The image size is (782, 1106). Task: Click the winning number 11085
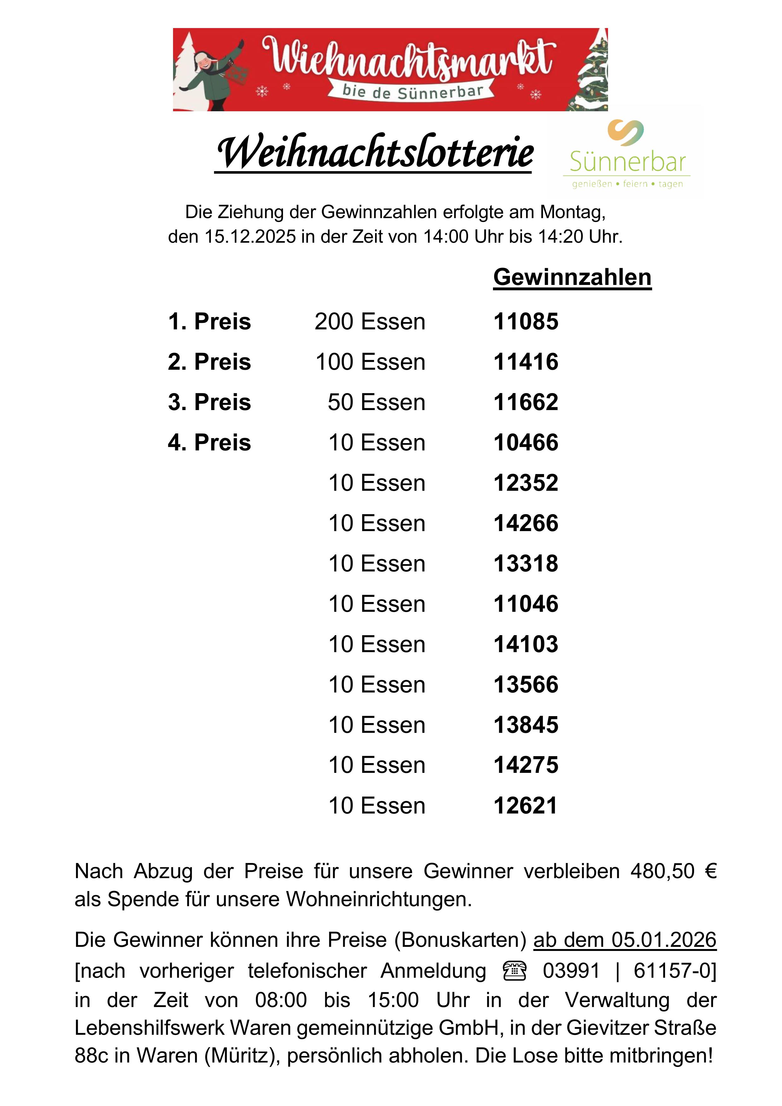(526, 322)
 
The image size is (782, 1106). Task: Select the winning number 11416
(526, 362)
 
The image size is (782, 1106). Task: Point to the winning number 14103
(526, 645)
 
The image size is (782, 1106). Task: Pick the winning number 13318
(526, 564)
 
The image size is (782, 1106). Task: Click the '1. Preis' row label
(210, 322)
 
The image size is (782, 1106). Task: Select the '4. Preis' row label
(210, 443)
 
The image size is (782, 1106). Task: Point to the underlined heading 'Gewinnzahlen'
(572, 277)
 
